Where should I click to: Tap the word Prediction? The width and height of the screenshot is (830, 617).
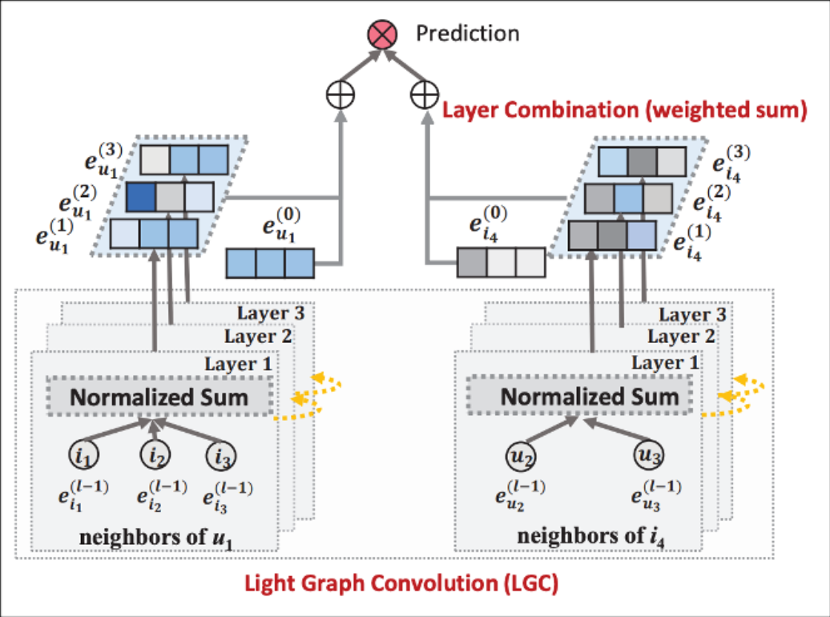[x=467, y=34]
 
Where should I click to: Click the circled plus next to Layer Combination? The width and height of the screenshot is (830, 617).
[x=423, y=95]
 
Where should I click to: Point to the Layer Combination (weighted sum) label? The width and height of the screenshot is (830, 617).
[x=625, y=110]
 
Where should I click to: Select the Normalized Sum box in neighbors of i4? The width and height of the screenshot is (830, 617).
[x=590, y=396]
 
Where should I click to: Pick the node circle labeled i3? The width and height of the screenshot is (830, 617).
[x=220, y=457]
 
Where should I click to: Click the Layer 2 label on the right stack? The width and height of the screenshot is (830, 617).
[x=680, y=337]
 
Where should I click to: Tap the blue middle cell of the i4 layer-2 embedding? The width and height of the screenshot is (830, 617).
[x=628, y=196]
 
